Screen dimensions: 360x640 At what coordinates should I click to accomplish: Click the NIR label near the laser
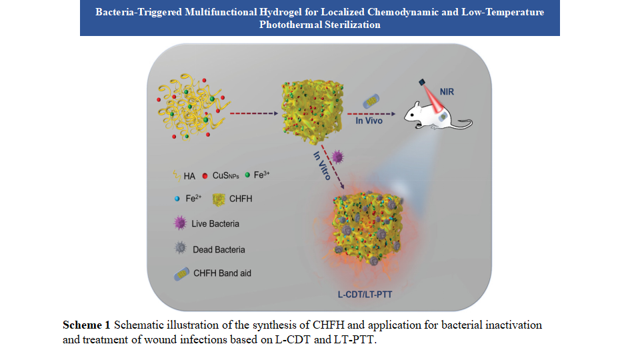(x=446, y=91)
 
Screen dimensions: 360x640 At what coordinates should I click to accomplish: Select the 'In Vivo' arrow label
(x=369, y=121)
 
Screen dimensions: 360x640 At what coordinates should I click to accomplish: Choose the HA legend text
(x=190, y=175)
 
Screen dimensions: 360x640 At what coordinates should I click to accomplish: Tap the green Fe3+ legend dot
(x=247, y=175)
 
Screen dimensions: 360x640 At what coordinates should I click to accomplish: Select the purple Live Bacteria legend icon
(x=179, y=223)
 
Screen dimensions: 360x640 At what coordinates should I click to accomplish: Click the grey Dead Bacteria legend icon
(x=179, y=249)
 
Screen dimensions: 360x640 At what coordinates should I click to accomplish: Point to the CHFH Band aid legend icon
(x=179, y=274)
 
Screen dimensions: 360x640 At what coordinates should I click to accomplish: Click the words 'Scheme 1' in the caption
(x=86, y=325)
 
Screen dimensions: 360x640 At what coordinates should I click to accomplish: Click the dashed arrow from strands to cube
(x=252, y=113)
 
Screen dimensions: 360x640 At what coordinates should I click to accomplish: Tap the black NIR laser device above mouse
(x=423, y=82)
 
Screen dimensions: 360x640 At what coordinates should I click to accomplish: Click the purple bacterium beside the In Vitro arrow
(x=338, y=157)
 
